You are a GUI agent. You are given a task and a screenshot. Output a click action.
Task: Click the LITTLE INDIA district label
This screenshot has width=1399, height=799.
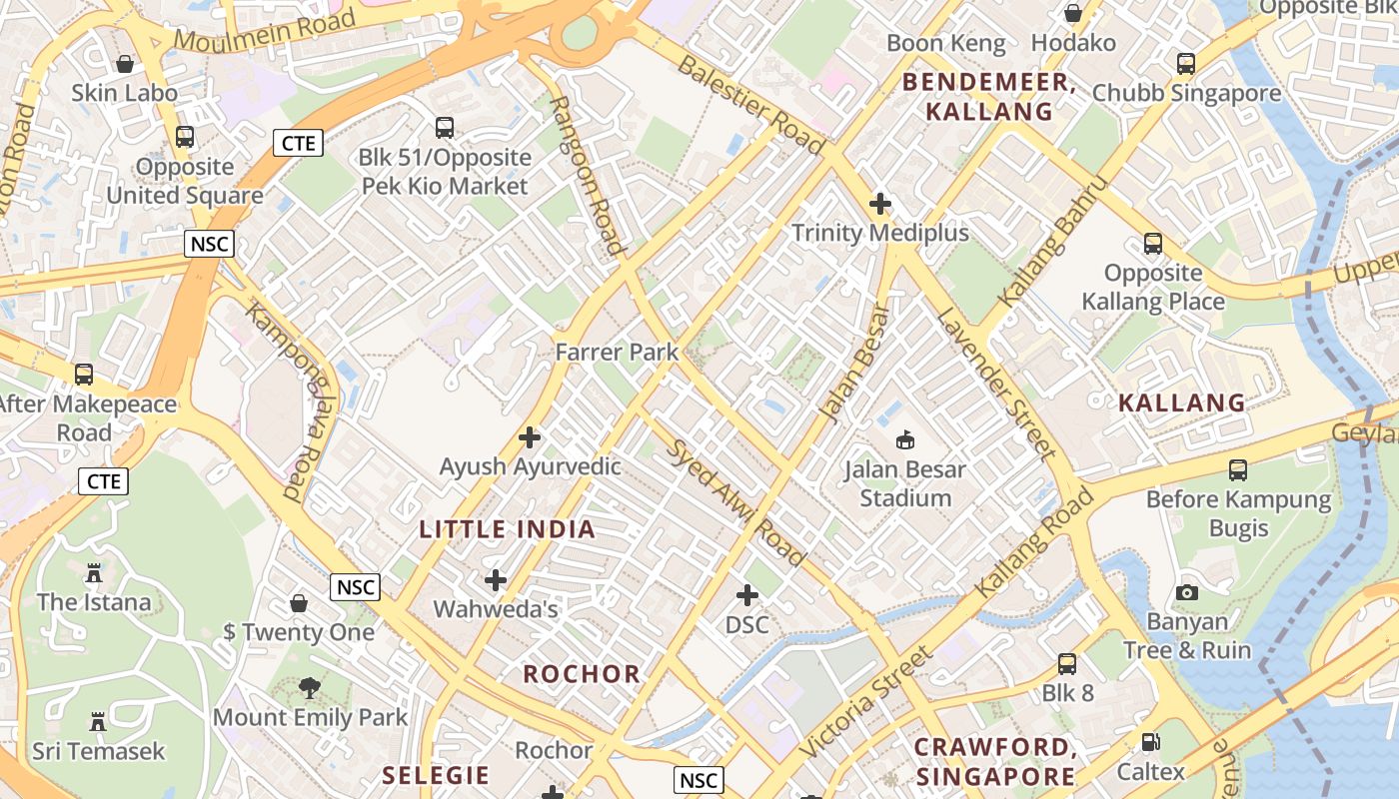coord(507,529)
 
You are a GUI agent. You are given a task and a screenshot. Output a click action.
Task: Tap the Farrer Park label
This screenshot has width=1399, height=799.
coord(617,352)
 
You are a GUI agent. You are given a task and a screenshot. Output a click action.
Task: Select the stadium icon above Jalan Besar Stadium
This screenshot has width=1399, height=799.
coord(905,439)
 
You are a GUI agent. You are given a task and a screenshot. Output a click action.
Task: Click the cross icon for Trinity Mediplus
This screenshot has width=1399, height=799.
coord(879,204)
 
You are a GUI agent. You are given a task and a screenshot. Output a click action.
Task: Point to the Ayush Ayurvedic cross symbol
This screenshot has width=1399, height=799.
coord(530,437)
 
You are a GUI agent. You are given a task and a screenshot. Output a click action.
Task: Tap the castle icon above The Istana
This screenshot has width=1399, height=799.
coord(94,573)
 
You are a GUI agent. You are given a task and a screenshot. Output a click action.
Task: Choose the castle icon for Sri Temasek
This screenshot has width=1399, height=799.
coord(98,721)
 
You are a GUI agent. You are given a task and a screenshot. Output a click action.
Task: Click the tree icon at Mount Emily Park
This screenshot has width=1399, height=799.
coord(310,687)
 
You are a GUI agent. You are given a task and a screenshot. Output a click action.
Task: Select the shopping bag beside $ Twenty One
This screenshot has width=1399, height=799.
coord(298,603)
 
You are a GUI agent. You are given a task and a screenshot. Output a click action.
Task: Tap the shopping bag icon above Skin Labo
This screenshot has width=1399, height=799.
coord(125,64)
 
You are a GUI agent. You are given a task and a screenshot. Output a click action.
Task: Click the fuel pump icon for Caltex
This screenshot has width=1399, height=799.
coord(1150,742)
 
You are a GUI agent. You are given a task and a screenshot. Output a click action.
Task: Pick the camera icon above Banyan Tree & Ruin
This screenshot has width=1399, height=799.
coord(1186,592)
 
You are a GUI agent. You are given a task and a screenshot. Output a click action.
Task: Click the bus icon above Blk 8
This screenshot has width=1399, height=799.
coord(1067,663)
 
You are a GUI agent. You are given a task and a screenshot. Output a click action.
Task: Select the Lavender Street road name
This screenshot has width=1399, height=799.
coord(995,384)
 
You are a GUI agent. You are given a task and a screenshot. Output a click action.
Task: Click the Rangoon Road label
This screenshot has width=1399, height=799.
coord(589,176)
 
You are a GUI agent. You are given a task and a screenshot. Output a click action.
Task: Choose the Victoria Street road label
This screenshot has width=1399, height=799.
coord(865,701)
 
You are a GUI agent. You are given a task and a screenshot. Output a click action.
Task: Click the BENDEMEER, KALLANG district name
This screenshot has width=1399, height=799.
coord(989,97)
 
